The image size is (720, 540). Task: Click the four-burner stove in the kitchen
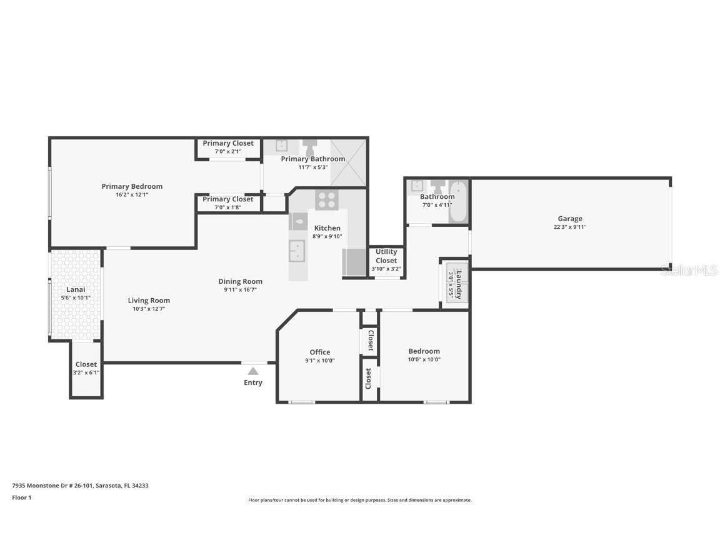pyautogui.click(x=326, y=200)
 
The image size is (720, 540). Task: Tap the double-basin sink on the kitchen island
pyautogui.click(x=297, y=251)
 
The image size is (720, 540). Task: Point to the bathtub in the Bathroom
pyautogui.click(x=458, y=201)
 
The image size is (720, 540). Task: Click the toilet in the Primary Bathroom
pyautogui.click(x=310, y=147)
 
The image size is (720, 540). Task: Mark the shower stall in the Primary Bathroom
pyautogui.click(x=348, y=162)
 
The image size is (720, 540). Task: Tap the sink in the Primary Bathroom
pyautogui.click(x=281, y=146)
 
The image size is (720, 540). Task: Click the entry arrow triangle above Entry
pyautogui.click(x=253, y=371)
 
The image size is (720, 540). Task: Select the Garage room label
pyautogui.click(x=570, y=219)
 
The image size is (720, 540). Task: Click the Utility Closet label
pyautogui.click(x=386, y=256)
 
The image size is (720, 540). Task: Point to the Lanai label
pyautogui.click(x=76, y=289)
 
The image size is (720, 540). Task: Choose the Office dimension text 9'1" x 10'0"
pyautogui.click(x=320, y=360)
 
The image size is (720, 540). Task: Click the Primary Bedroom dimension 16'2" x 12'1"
pyautogui.click(x=132, y=194)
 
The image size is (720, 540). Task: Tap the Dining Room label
pyautogui.click(x=240, y=281)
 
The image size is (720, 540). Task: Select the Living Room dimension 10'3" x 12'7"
pyautogui.click(x=149, y=309)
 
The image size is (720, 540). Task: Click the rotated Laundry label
pyautogui.click(x=459, y=284)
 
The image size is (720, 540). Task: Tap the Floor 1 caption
pyautogui.click(x=21, y=497)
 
